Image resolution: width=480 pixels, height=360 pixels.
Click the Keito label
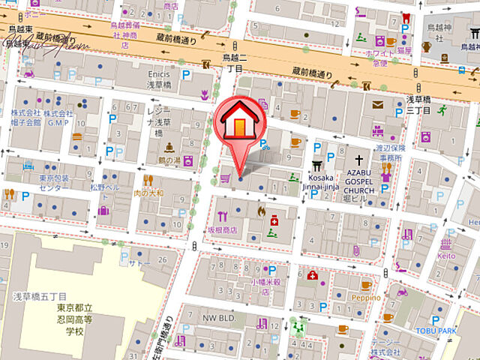(x=446, y=255)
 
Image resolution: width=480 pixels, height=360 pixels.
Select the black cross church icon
(x=359, y=160)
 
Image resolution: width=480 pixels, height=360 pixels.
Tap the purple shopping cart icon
(x=224, y=178)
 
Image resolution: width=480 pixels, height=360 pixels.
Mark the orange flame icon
(x=260, y=212)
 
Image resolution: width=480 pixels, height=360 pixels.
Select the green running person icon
(x=442, y=111)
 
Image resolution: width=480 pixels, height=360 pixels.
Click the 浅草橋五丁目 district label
(x=40, y=297)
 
